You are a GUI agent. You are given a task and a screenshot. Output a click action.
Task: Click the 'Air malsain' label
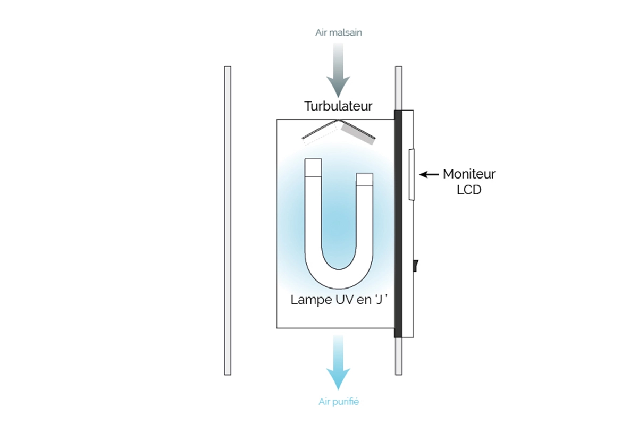[x=338, y=32]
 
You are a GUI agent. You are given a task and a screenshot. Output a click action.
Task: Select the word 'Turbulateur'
[x=338, y=106]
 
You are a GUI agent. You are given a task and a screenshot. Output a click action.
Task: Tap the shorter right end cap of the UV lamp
[x=365, y=179]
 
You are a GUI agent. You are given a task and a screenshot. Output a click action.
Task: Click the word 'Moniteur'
[x=469, y=174]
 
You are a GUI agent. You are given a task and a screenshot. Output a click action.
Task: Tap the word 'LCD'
[x=469, y=189]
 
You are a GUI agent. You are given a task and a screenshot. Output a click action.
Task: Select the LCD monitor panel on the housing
[x=412, y=174]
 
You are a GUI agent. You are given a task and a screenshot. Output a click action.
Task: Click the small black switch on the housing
[x=415, y=264]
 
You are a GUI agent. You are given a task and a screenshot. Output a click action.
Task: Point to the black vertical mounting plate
[x=398, y=223]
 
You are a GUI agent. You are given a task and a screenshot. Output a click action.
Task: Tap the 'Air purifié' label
[x=338, y=402]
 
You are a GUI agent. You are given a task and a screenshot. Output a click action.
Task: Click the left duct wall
[x=228, y=221]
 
